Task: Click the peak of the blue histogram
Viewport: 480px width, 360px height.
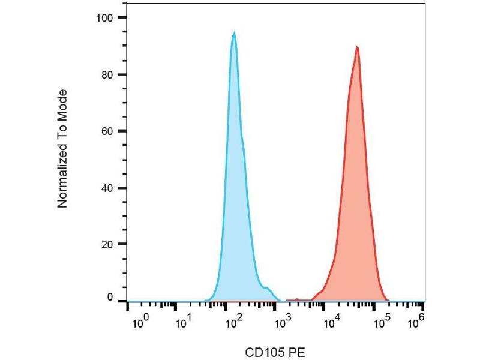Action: click(234, 32)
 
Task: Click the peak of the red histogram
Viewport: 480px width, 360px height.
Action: click(357, 47)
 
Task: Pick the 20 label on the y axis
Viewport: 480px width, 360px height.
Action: click(107, 245)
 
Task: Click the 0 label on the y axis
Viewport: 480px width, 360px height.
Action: click(109, 298)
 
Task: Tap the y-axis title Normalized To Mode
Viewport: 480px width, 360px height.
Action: click(62, 149)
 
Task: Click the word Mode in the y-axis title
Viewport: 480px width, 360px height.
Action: click(62, 102)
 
